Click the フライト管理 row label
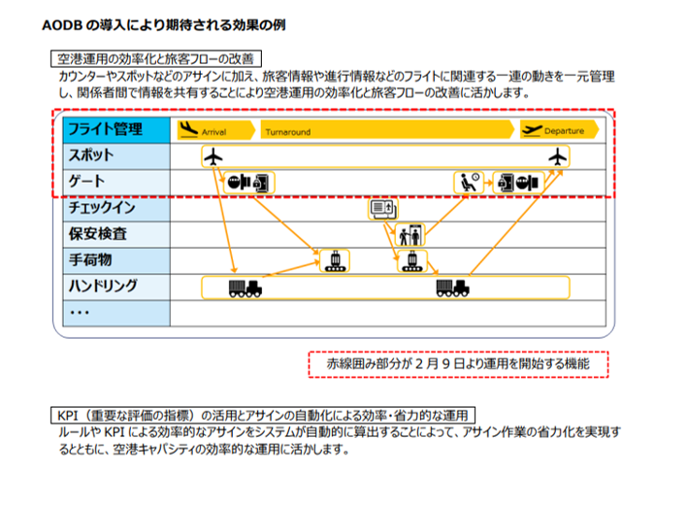pos(103,129)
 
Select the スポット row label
pos(91,155)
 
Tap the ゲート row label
pos(86,182)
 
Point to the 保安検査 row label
pos(97,234)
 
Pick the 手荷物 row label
pos(91,260)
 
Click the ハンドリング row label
pos(102,287)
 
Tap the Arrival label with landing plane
pos(203,129)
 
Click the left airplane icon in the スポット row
pos(214,156)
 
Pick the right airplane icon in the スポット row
pos(556,156)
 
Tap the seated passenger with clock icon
pos(469,182)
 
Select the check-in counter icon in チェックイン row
pos(381,208)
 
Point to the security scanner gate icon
pos(408,234)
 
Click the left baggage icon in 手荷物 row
pos(335,260)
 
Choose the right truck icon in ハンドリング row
pos(453,287)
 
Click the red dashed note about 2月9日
pos(458,363)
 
